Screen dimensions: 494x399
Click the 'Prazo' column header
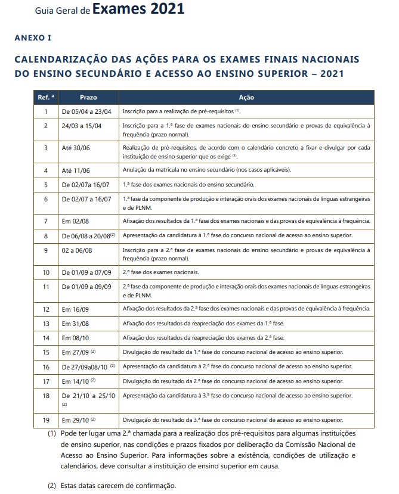click(88, 97)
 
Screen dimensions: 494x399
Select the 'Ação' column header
click(246, 97)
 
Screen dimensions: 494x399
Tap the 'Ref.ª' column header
click(45, 97)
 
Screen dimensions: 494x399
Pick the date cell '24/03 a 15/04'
click(81, 126)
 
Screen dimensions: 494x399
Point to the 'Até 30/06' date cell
click(75, 148)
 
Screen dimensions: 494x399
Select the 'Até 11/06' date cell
click(75, 170)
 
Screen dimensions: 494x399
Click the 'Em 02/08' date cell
click(76, 221)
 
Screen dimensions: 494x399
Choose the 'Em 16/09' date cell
click(76, 309)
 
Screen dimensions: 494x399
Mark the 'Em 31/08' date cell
click(76, 324)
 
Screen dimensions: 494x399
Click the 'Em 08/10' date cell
click(76, 338)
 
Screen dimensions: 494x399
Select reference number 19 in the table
click(45, 420)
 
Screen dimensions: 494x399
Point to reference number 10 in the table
click(45, 272)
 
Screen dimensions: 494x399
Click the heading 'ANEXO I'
click(33, 38)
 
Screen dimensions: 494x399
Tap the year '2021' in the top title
click(163, 9)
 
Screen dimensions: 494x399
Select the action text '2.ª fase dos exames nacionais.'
click(160, 272)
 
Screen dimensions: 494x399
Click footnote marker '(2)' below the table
click(52, 486)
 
